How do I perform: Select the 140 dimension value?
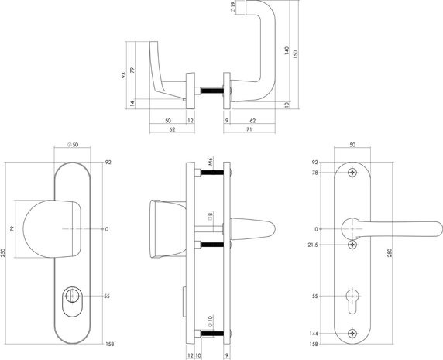click(x=286, y=53)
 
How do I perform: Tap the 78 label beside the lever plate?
click(x=315, y=173)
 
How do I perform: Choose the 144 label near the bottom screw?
click(x=314, y=334)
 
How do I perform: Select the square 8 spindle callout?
click(x=209, y=216)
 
